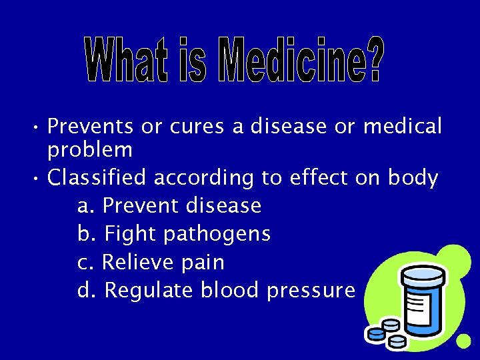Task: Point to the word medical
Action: pos(403,126)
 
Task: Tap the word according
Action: pos(204,179)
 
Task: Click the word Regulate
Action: pos(149,291)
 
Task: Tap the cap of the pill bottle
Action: pos(422,273)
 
